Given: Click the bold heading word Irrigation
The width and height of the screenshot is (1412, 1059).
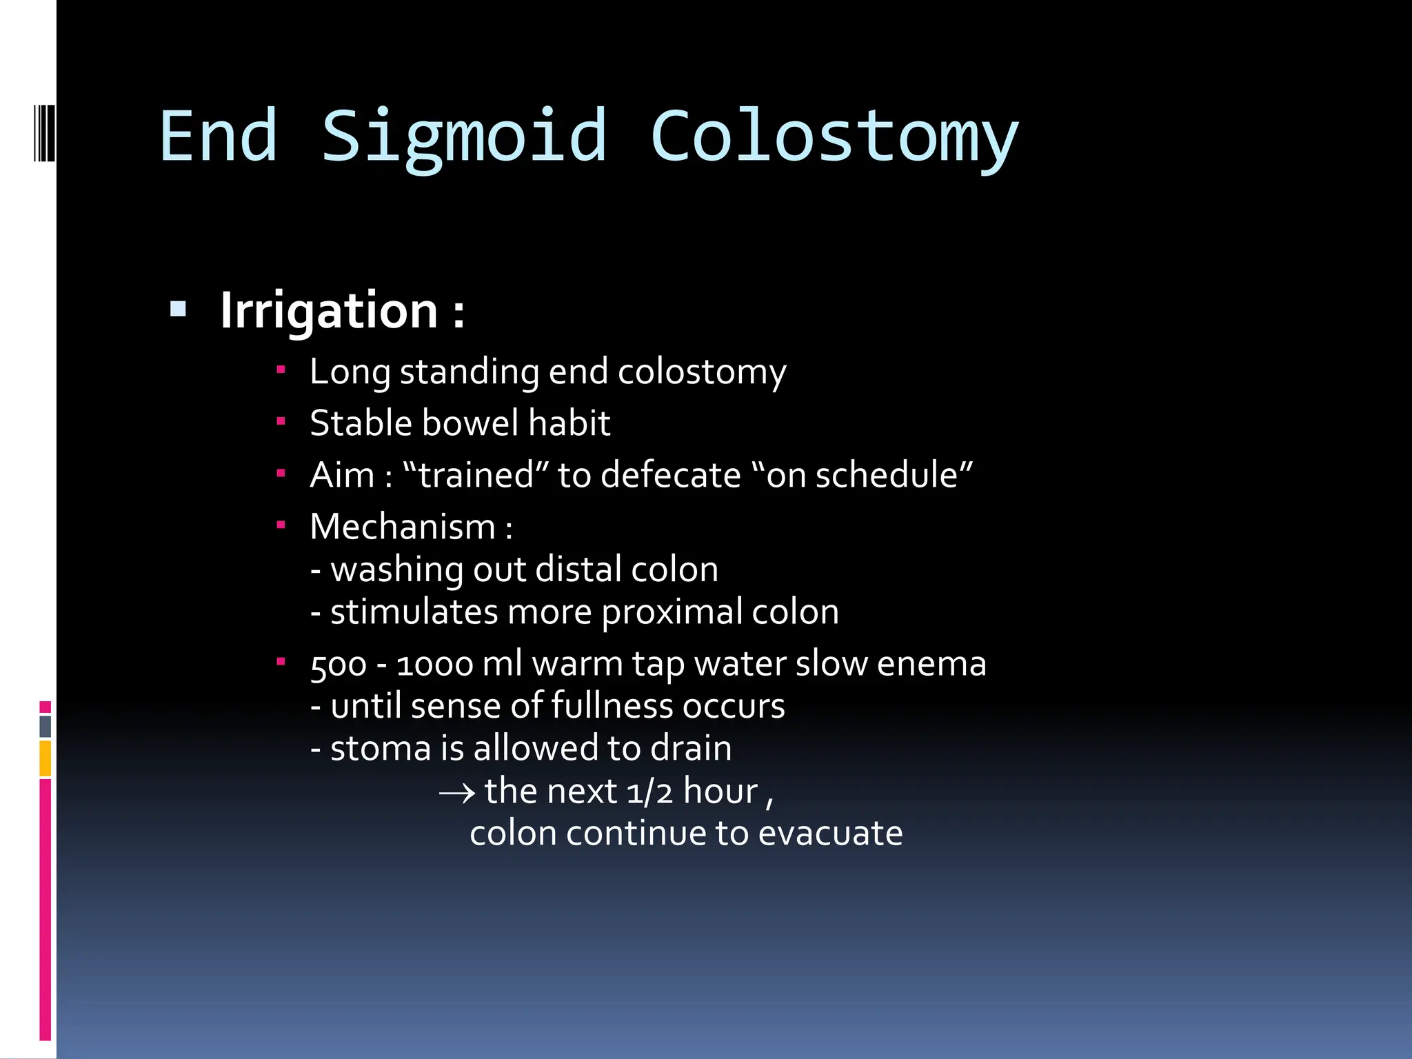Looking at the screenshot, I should click(329, 311).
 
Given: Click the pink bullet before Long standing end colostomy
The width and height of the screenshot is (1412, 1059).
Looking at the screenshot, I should click(281, 370).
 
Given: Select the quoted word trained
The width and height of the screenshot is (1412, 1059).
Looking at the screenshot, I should click(475, 475).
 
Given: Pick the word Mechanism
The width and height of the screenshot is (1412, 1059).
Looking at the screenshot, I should click(403, 527).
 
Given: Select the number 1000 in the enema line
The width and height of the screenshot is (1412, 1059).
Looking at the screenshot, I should click(434, 665).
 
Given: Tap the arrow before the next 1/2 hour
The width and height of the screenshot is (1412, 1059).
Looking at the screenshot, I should click(457, 793).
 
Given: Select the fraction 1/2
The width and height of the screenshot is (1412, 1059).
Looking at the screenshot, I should click(649, 791).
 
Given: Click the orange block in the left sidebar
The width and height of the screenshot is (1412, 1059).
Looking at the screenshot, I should click(46, 758).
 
